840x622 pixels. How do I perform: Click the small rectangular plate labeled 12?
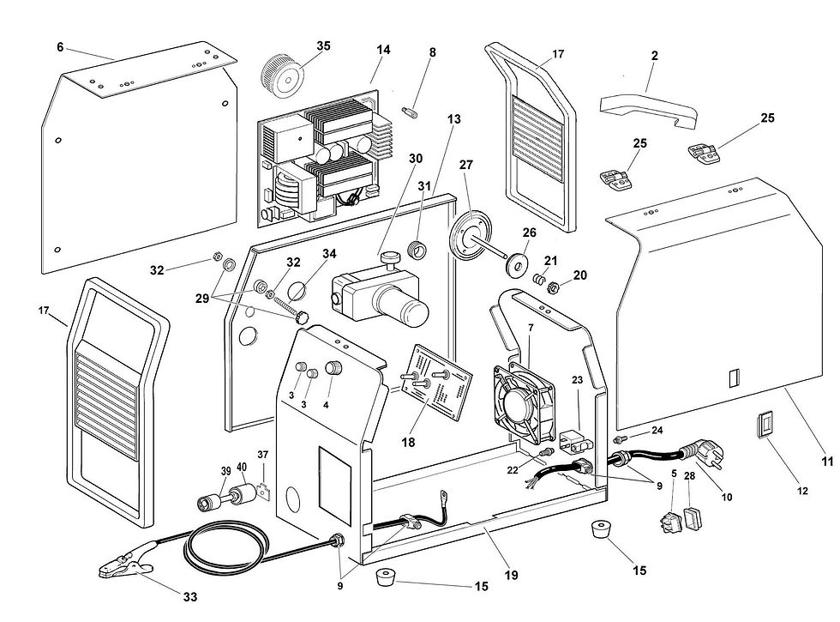coord(765,426)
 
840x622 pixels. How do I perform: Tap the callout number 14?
coord(382,50)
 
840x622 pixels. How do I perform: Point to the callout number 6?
coord(60,48)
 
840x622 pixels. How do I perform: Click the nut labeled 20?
coord(554,287)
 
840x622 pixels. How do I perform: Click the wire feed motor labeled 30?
coord(381,295)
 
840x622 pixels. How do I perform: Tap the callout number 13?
coord(453,119)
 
